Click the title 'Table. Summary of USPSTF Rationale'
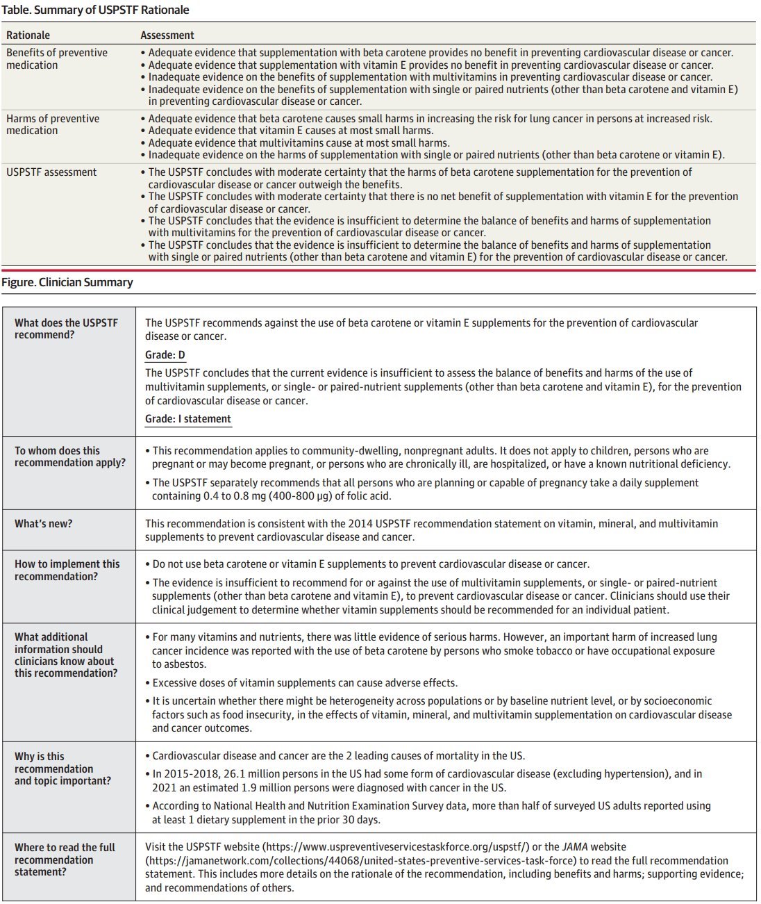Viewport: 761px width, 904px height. pos(95,10)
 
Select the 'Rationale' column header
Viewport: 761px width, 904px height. pos(28,35)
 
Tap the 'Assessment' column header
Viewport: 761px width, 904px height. pos(167,35)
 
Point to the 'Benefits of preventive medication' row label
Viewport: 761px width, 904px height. pos(57,59)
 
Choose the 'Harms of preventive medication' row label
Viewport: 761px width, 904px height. pos(53,124)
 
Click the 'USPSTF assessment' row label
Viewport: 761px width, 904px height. pos(51,172)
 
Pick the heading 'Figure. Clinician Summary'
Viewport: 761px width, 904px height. pos(67,282)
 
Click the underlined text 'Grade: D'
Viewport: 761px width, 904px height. pos(165,355)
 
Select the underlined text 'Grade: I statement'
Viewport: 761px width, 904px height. pos(188,419)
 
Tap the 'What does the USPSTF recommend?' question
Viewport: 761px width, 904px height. pos(67,329)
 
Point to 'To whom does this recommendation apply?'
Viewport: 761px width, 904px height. pos(70,457)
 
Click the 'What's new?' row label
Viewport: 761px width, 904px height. pos(43,524)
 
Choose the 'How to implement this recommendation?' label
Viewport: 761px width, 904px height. pos(67,570)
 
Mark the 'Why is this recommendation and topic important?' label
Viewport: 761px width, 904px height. pos(62,769)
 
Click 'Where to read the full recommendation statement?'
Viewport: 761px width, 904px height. pos(65,860)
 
